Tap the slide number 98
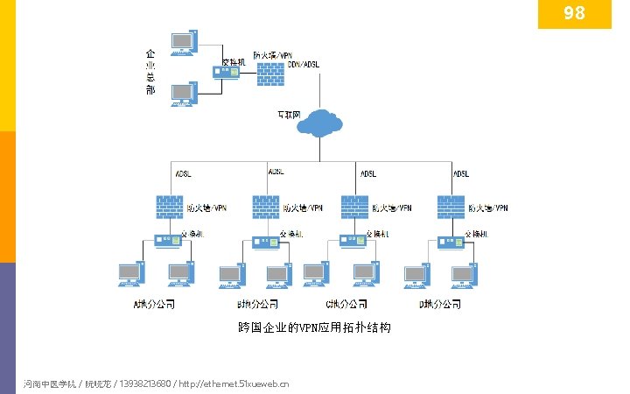pyautogui.click(x=574, y=13)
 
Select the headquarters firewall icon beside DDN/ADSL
pyautogui.click(x=271, y=73)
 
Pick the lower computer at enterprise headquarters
pyautogui.click(x=184, y=93)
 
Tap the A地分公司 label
pyautogui.click(x=154, y=305)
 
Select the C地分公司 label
pyautogui.click(x=346, y=305)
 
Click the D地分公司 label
pyautogui.click(x=440, y=305)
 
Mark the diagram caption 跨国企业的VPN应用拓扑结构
pyautogui.click(x=314, y=328)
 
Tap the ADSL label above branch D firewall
pyautogui.click(x=460, y=173)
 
